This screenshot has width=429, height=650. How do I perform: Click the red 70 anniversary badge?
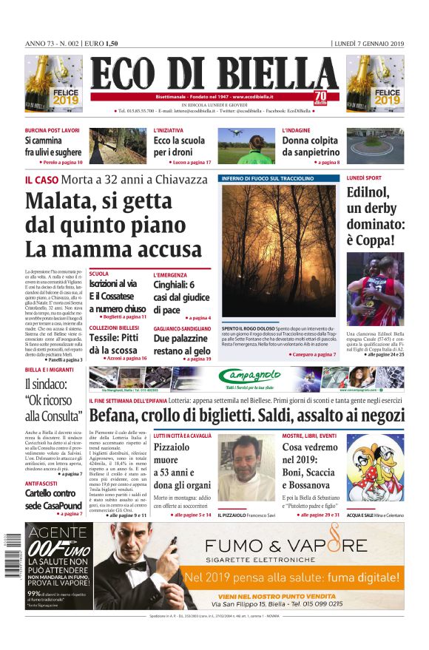coord(320,98)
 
